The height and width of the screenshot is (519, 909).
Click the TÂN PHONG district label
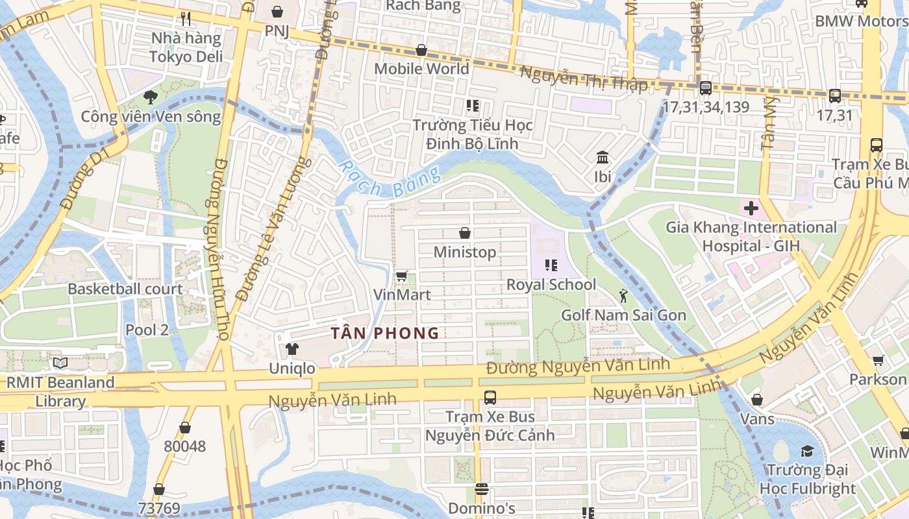[385, 333]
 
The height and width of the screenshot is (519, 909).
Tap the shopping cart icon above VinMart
[402, 276]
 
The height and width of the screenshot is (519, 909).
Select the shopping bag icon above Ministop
[465, 233]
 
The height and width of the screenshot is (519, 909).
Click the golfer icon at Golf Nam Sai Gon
[623, 296]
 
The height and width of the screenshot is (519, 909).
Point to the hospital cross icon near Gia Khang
[751, 209]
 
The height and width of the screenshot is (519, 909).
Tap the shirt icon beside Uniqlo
[292, 349]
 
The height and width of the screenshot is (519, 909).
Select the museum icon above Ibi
[602, 158]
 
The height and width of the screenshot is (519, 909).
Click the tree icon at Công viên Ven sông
[151, 98]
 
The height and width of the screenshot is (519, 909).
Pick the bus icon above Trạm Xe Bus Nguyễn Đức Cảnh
[490, 398]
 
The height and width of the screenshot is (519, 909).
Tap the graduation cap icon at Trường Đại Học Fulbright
[807, 451]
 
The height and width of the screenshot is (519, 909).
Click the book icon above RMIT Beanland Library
[60, 363]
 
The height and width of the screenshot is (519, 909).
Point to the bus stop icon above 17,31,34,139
[705, 88]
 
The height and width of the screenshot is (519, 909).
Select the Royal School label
[551, 284]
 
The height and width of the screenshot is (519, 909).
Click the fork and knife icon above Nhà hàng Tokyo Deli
[186, 19]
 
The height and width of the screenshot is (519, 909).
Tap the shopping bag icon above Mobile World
[421, 50]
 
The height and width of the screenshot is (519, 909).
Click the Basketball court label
[125, 289]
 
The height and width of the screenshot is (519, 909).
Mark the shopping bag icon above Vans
[757, 400]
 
